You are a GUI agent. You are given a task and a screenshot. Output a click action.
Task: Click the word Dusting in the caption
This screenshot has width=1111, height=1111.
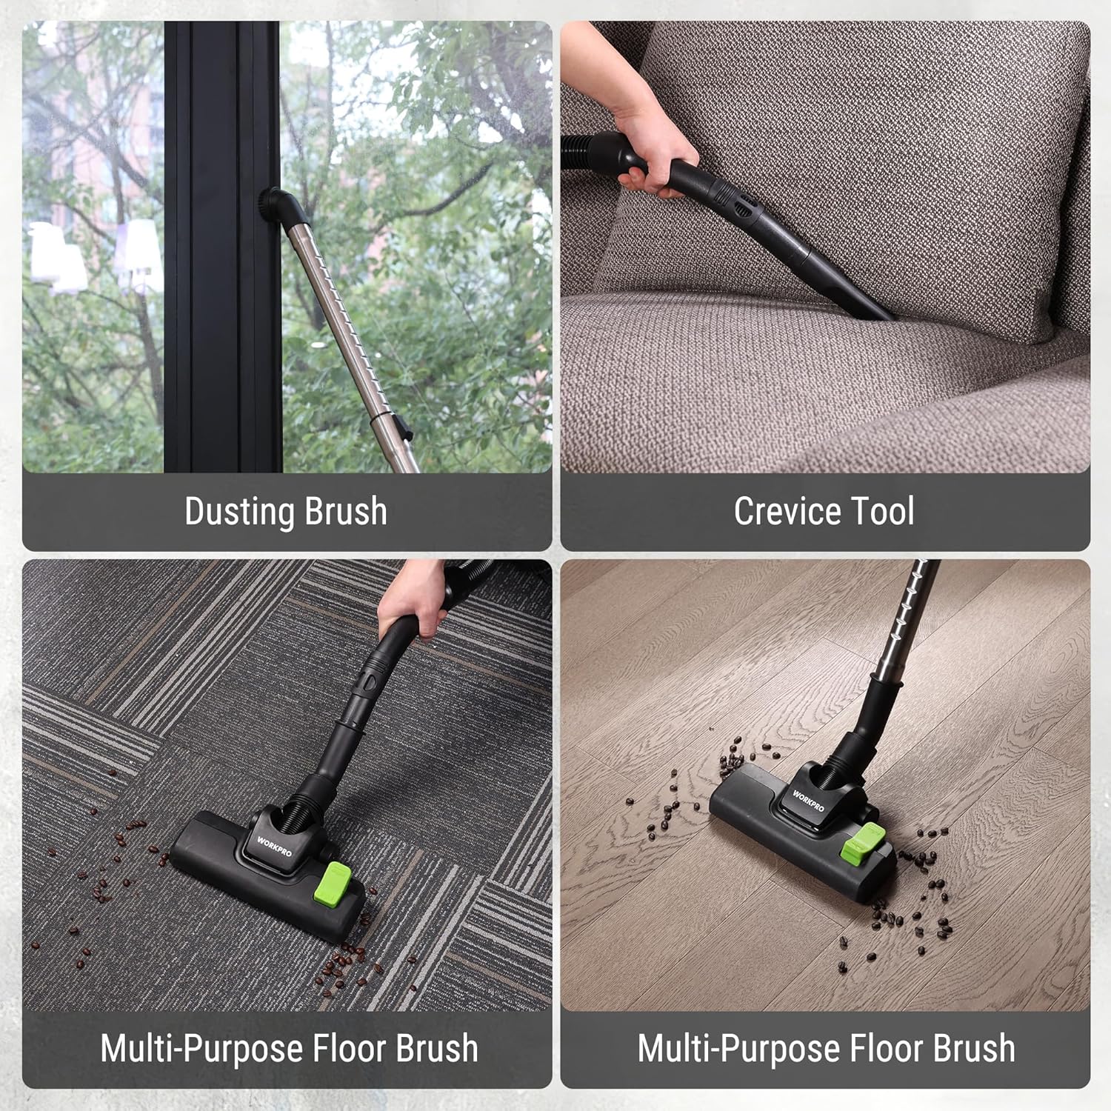click(239, 512)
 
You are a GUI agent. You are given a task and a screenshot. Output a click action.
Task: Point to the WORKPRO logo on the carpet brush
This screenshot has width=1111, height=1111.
click(274, 847)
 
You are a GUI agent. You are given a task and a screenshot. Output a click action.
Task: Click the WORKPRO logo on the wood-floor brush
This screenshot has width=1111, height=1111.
click(808, 801)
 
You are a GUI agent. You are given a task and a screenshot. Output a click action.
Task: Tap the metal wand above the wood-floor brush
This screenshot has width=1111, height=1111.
click(904, 622)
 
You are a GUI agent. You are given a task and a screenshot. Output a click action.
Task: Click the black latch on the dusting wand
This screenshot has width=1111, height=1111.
click(401, 424)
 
